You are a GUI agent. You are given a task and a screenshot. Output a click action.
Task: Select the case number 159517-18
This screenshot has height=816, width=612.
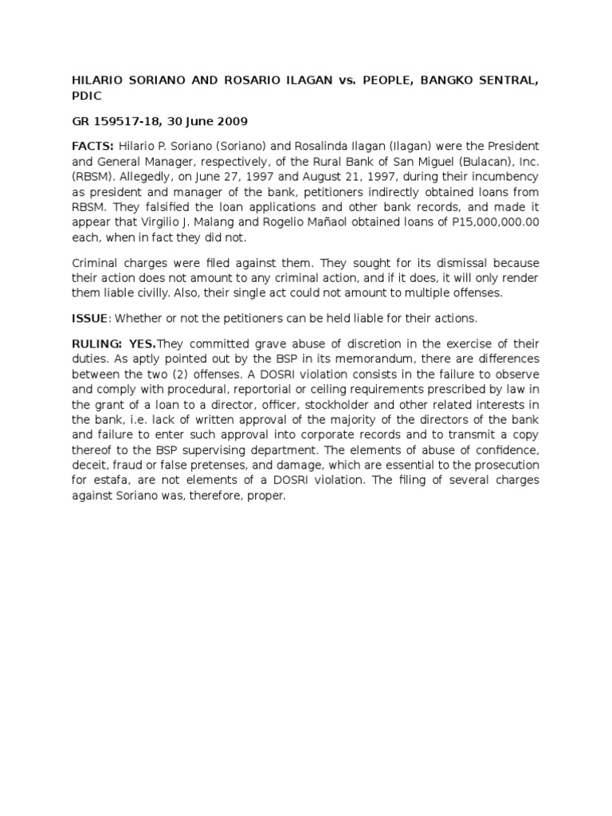tap(124, 122)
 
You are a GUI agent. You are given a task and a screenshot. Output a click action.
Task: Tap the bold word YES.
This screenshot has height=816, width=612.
tap(143, 343)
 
